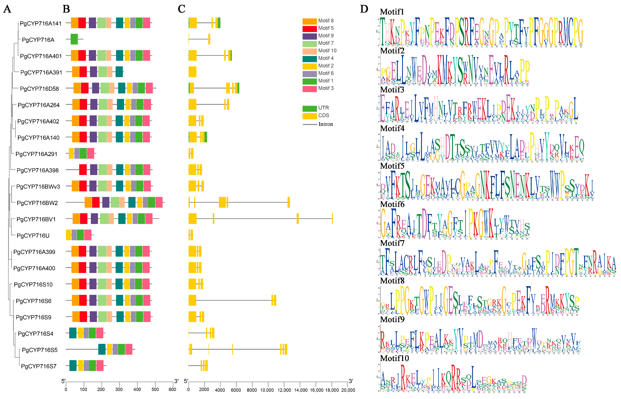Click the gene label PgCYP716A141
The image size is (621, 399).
(x=41, y=24)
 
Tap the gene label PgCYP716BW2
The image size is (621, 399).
(x=37, y=203)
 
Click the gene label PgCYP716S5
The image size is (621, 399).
(x=40, y=350)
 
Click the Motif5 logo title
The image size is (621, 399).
(x=392, y=166)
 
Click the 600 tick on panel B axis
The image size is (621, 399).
(x=172, y=389)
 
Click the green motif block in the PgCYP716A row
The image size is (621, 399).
(x=74, y=39)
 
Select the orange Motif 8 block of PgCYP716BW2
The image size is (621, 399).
(x=88, y=202)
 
